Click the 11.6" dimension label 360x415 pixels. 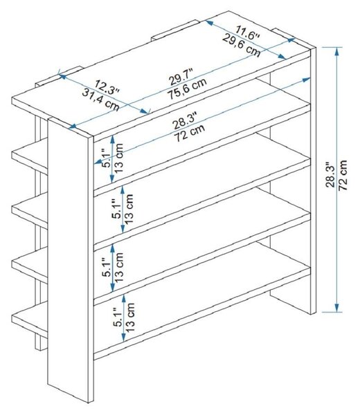coord(247,33)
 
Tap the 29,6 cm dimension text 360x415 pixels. coord(242,45)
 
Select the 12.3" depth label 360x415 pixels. coord(107,86)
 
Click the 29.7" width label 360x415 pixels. coord(181,77)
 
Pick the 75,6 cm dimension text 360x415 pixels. coord(187,89)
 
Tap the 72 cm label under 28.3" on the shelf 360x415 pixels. coord(190,133)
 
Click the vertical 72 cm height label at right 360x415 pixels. coord(343,175)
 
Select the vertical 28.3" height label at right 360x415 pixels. coord(331,175)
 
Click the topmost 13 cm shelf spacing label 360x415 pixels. coord(119,158)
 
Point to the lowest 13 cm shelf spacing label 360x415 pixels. coord(129,317)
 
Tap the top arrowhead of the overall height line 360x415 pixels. coord(336,51)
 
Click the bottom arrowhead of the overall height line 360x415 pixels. coord(336,308)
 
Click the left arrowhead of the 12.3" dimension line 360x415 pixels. coord(62,77)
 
